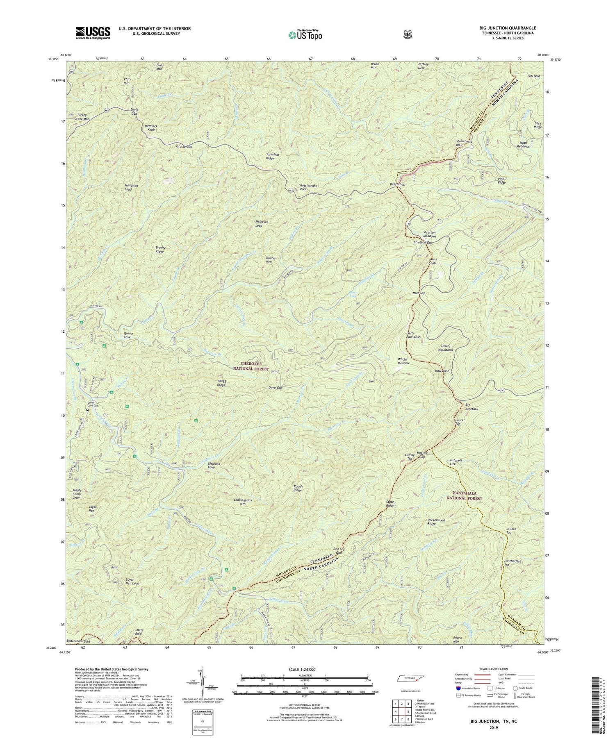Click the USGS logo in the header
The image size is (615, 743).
pos(93,33)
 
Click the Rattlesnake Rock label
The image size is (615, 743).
pos(309,186)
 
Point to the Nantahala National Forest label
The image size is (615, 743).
pos(464,495)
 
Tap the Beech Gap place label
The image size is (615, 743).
pos(397,184)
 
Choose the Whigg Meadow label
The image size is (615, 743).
pos(403,361)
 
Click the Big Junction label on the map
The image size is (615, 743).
pos(471,407)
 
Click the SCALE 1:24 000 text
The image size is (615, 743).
pos(305,669)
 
